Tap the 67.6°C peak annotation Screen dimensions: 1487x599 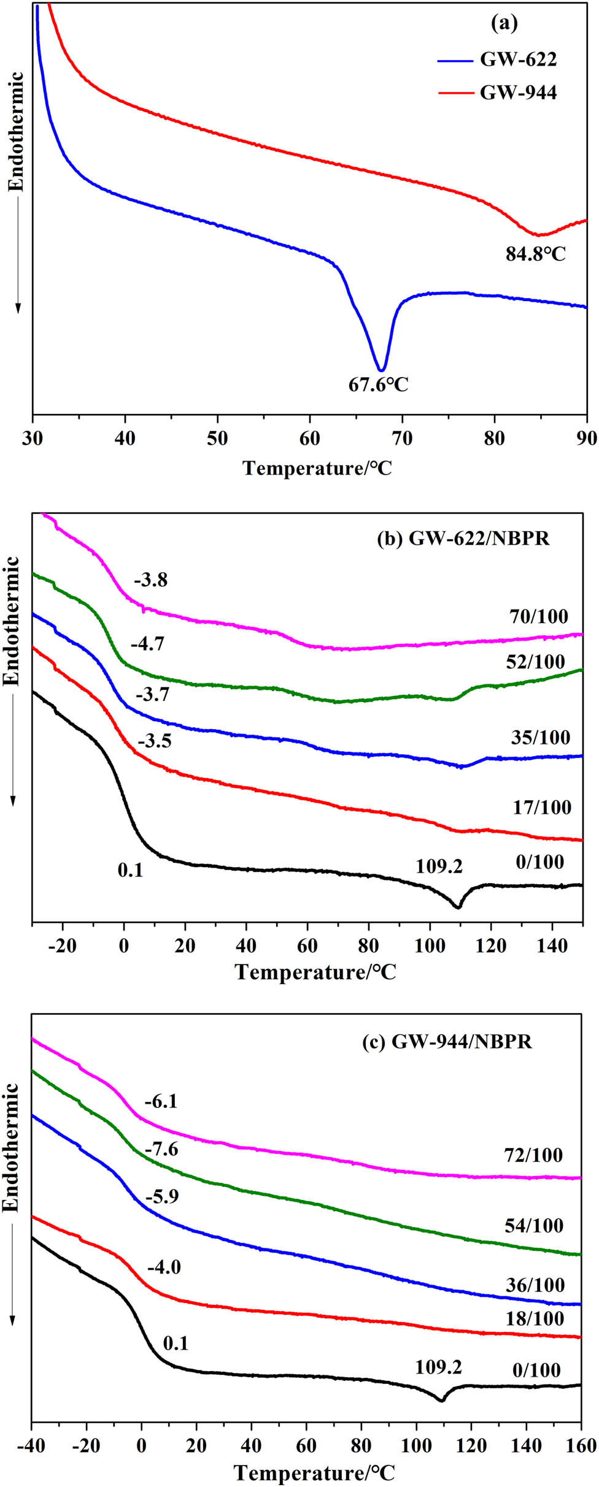tap(378, 385)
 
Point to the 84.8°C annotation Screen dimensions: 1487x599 tap(535, 254)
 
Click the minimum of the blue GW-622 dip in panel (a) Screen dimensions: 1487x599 tap(382, 370)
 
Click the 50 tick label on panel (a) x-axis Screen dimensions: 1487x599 tap(217, 438)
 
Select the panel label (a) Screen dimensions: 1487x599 tap(504, 23)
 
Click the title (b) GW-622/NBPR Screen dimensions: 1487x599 tap(463, 538)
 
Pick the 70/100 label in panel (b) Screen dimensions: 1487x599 tap(538, 616)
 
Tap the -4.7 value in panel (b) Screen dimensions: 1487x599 tap(148, 644)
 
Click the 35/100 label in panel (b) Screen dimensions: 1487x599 tap(540, 738)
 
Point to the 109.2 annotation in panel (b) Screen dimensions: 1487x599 tap(439, 866)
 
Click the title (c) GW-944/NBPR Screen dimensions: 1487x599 tap(447, 1041)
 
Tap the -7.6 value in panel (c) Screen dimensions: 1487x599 tap(161, 1149)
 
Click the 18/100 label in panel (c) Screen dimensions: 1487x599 tap(534, 1318)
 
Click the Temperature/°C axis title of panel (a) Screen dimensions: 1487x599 tap(317, 468)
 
